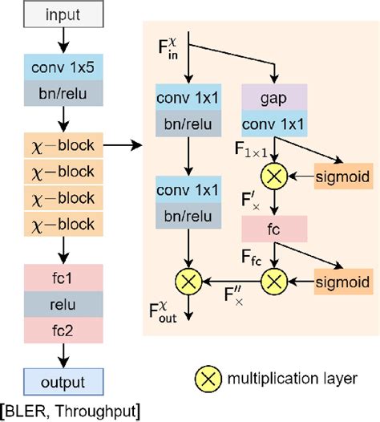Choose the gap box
(x=275, y=96)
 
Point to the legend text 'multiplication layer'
(x=297, y=378)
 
